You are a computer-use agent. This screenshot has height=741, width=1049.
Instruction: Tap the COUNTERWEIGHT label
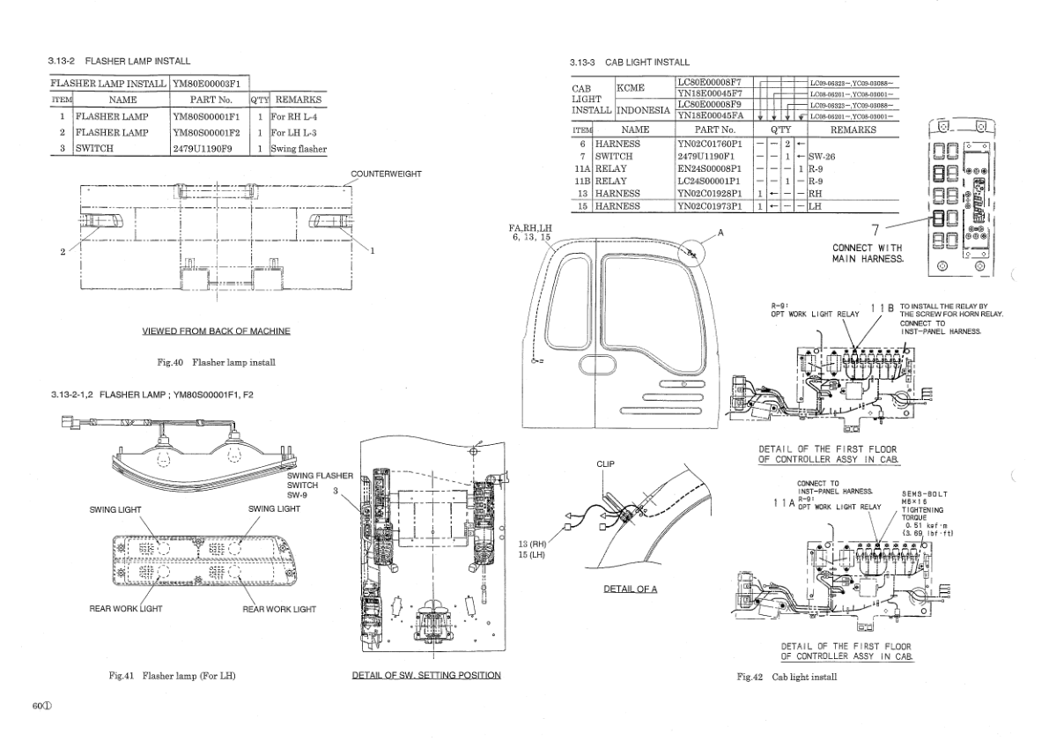tap(386, 174)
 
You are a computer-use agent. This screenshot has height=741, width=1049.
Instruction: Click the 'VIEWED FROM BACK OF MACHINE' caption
tap(216, 330)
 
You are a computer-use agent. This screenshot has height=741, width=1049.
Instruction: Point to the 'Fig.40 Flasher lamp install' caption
tap(216, 362)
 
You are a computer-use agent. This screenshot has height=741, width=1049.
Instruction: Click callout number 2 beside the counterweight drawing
tap(63, 252)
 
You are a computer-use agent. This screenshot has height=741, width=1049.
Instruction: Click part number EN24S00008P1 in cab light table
tap(712, 168)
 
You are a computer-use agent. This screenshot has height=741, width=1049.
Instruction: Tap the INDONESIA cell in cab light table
tap(644, 111)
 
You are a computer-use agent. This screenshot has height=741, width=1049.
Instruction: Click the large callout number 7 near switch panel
tap(875, 229)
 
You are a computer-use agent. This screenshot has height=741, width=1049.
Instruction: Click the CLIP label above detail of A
tap(605, 463)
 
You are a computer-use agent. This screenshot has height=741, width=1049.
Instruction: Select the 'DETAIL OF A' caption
tap(630, 589)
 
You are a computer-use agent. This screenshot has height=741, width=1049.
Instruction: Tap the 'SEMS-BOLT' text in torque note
tap(924, 493)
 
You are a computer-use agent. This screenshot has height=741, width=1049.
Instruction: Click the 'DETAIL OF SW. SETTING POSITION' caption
tap(426, 675)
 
